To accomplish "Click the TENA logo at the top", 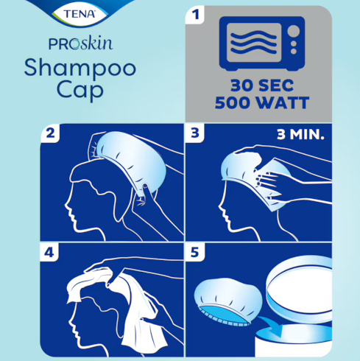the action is click(80, 14).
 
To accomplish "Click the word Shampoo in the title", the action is click(80, 69).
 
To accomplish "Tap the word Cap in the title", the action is click(80, 90).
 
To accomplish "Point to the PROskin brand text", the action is click(81, 43).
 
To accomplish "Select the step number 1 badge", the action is click(195, 15).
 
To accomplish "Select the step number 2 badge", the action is click(50, 133).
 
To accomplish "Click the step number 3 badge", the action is click(195, 133).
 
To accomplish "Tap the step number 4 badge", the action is click(49, 252).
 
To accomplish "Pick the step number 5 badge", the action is click(195, 252).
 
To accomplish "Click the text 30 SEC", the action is click(262, 85).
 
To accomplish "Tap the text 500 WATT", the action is click(262, 102).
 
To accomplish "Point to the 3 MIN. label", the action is click(300, 135).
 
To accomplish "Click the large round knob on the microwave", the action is click(293, 31).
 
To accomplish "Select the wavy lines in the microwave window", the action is click(254, 42).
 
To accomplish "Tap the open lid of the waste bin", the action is click(299, 290).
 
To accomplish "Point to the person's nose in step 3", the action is click(220, 208).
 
